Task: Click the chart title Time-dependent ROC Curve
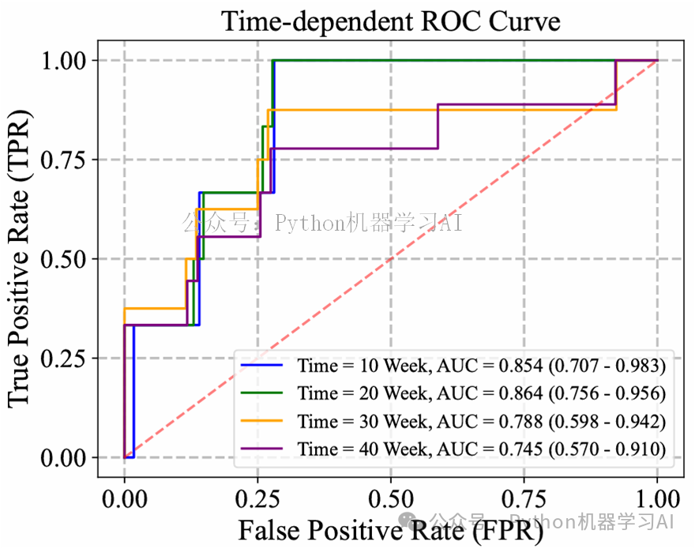[x=390, y=21]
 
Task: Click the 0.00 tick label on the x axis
[x=124, y=498]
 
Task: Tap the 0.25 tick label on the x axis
[x=257, y=498]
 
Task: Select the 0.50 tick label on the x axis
[x=390, y=498]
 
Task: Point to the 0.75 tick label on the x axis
[x=524, y=498]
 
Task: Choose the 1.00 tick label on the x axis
[x=657, y=498]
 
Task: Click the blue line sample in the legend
[x=264, y=366]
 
